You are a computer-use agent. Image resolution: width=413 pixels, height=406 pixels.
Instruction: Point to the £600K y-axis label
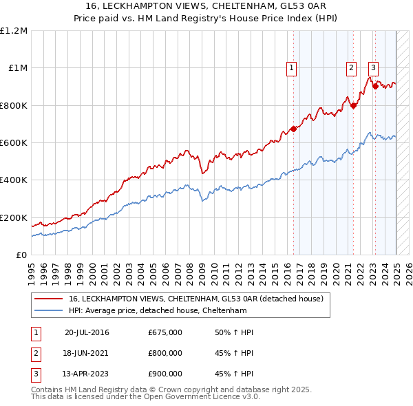(13, 143)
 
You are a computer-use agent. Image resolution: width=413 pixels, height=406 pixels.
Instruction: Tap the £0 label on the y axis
(22, 255)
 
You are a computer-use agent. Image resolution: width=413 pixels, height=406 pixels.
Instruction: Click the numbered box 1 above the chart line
(292, 67)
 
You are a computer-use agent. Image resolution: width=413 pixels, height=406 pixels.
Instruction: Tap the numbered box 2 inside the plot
(351, 67)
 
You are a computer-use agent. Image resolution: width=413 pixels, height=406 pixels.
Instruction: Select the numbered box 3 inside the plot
(373, 67)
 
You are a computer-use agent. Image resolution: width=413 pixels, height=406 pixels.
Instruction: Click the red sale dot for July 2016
(293, 129)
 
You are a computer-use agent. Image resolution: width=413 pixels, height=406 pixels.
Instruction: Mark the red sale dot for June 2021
(353, 105)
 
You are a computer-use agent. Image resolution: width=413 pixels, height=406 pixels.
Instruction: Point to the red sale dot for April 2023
(375, 87)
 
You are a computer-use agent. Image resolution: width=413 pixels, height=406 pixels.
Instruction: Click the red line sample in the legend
(49, 299)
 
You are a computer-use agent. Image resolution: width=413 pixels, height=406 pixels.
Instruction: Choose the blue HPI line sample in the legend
(49, 310)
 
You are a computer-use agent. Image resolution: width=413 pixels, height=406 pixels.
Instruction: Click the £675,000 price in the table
(165, 332)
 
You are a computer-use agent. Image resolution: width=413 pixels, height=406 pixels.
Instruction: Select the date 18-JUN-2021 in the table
(86, 353)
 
